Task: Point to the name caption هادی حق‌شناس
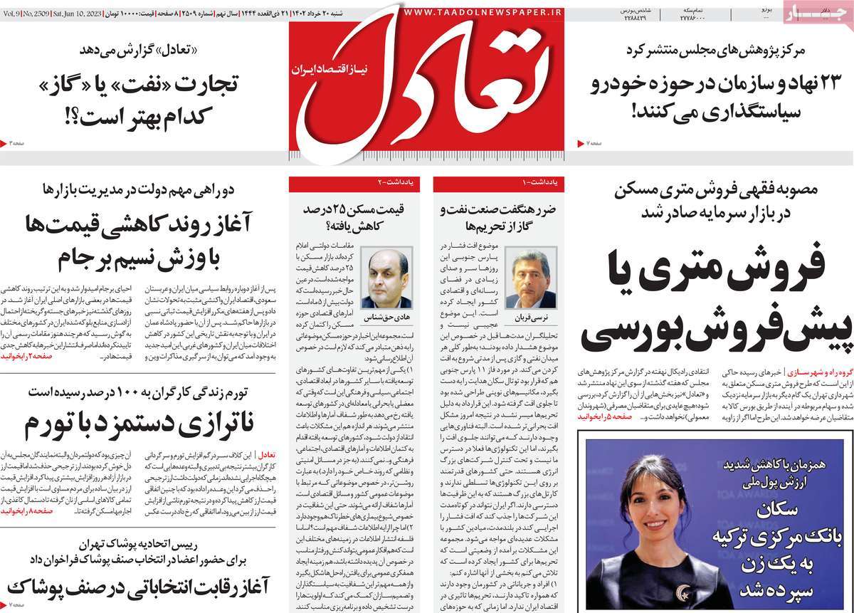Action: click(x=386, y=314)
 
